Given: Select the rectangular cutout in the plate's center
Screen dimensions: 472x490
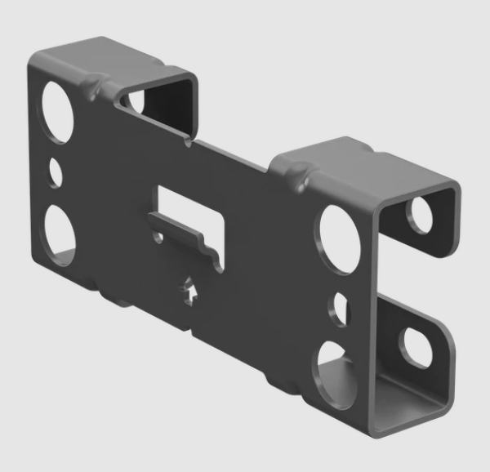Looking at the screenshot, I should [189, 204].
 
